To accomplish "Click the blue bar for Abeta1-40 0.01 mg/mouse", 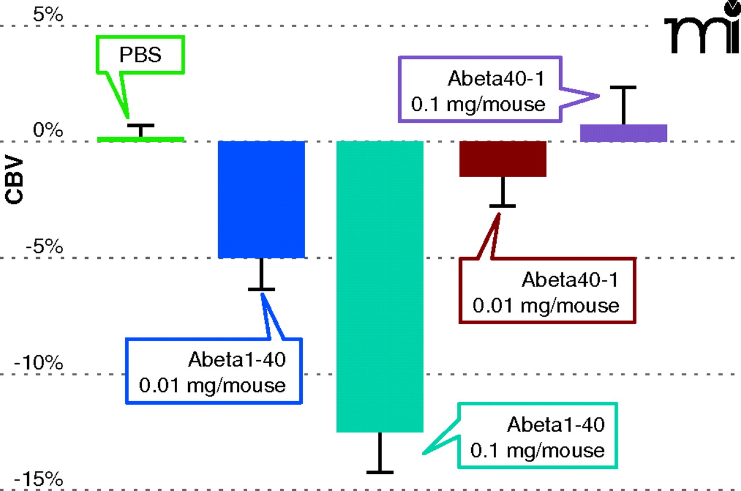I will pos(261,199).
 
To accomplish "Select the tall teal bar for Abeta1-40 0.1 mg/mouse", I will pos(380,286).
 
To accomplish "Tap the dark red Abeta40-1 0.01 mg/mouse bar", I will pos(503,159).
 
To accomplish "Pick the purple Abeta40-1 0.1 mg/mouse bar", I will pos(624,133).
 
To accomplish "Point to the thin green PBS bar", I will pos(141,139).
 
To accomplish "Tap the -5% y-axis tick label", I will pos(44,247).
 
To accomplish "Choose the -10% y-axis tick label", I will pos(40,364).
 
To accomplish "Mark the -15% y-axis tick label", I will pos(40,479).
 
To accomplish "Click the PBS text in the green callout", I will pos(140,56).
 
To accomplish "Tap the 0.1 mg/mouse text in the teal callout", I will pos(538,450).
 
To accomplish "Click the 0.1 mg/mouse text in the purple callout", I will pos(478,105).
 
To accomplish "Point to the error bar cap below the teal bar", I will pos(380,472).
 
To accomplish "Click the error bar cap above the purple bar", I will pos(623,87).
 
